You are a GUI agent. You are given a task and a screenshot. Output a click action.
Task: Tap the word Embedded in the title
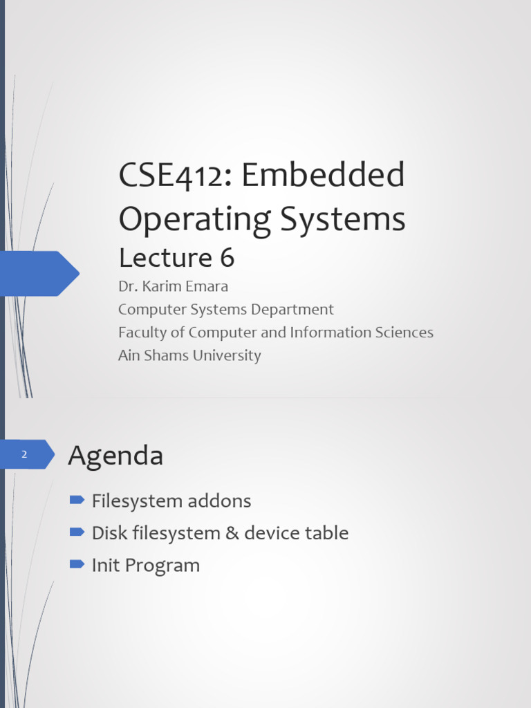pos(323,174)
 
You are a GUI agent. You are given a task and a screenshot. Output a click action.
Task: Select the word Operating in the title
pos(194,220)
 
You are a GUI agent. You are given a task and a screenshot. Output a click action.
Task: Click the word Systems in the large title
pos(343,220)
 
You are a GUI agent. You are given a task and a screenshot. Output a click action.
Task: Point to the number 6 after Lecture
pos(227,257)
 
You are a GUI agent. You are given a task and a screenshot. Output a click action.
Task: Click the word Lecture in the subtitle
pos(165,257)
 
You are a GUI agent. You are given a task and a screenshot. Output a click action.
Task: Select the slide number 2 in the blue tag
pos(24,454)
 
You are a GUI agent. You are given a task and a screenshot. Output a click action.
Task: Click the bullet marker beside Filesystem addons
pos(77,499)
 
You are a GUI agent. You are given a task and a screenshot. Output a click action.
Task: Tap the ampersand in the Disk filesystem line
pos(232,533)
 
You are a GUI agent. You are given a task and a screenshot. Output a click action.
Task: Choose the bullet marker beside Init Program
pos(77,564)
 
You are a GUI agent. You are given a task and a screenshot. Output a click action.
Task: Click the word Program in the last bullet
pos(162,566)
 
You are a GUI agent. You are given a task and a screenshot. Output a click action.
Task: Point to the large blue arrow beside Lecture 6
pos(39,274)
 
